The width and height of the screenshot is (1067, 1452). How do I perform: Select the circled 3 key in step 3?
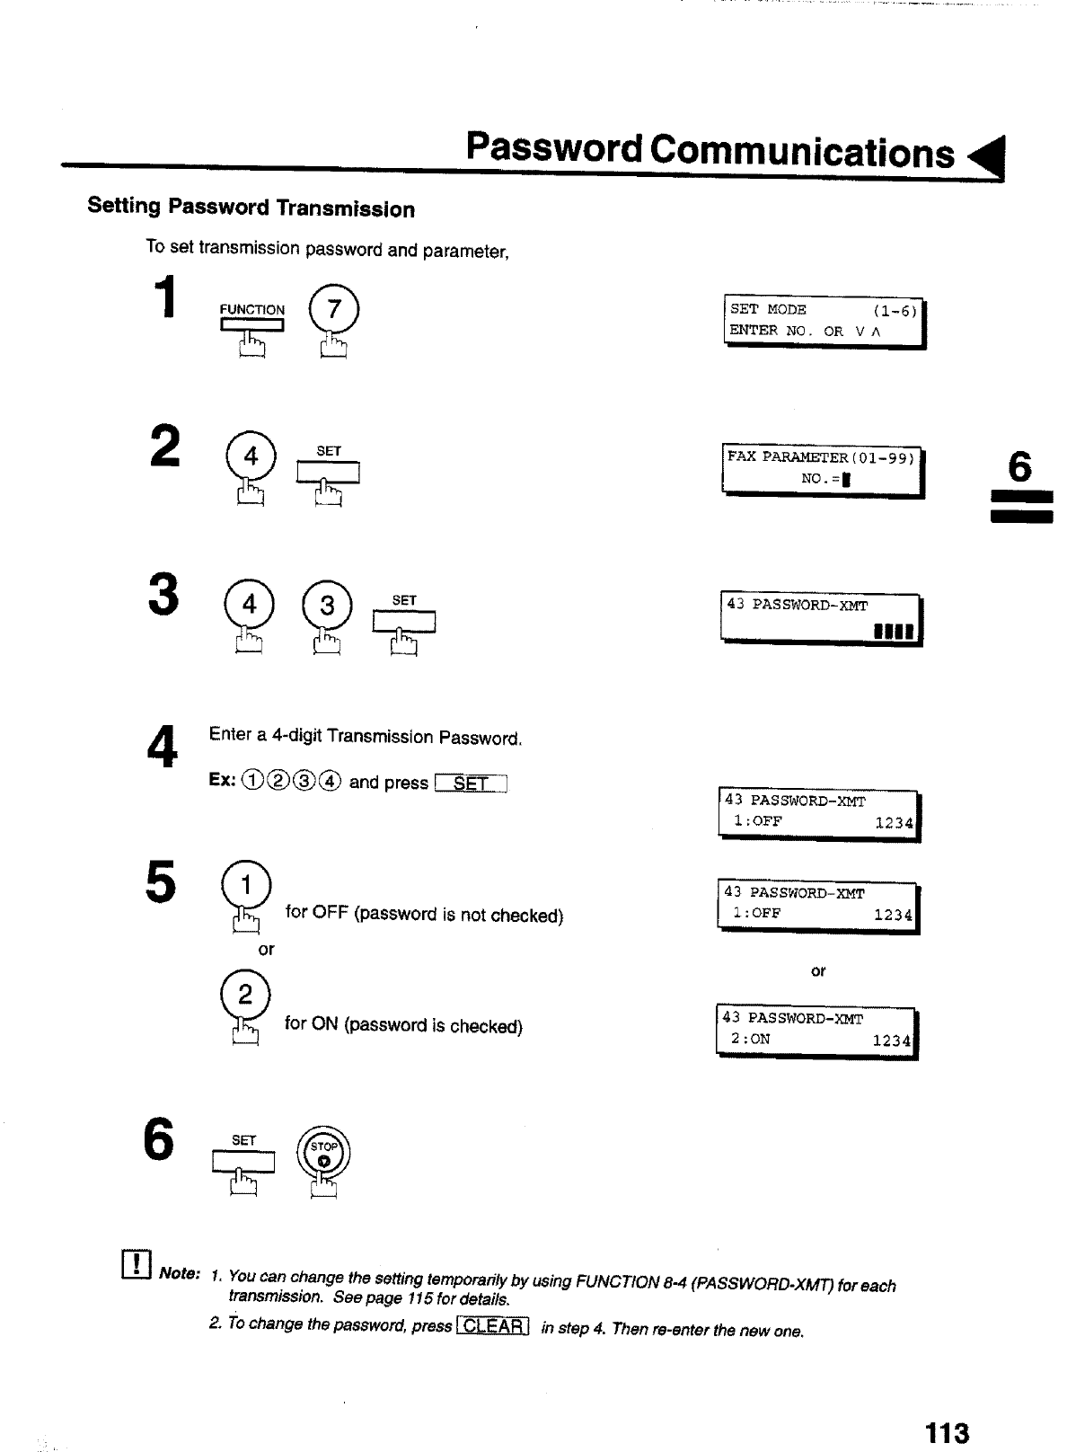(327, 606)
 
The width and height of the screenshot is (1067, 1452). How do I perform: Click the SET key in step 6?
(243, 1162)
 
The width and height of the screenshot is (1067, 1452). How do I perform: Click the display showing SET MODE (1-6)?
(824, 321)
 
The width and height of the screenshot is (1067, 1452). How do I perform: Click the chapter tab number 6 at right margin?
(1020, 468)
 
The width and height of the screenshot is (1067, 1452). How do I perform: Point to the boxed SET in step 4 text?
(471, 784)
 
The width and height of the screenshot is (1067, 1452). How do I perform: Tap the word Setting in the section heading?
(124, 206)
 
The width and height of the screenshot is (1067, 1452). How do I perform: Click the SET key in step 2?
(329, 471)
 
